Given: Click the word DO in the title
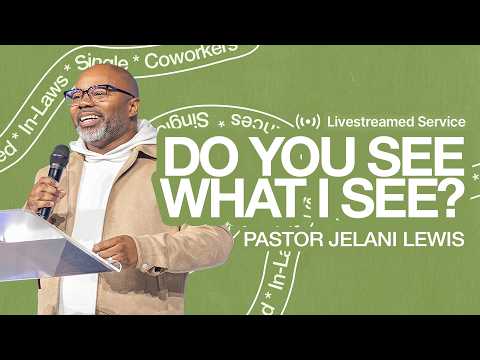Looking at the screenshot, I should (192, 158).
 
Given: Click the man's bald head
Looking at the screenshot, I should (110, 76).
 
